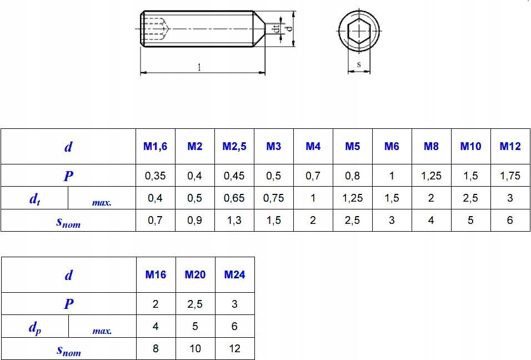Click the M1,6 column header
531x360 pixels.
(x=155, y=146)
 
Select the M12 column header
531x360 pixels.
(x=510, y=146)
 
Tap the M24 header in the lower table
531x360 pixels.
(x=235, y=274)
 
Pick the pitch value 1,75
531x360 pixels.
(x=510, y=176)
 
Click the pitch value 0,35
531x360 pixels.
(x=155, y=176)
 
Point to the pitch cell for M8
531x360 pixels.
(x=431, y=176)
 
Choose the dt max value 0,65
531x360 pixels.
(x=234, y=198)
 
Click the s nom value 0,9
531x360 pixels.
(x=194, y=221)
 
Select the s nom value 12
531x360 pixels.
(x=235, y=348)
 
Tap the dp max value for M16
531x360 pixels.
(x=156, y=326)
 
